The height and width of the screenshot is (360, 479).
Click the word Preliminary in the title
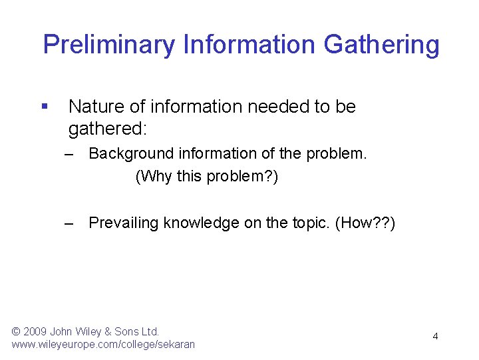pos(109,45)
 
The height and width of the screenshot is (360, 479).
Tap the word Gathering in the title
pos(381,45)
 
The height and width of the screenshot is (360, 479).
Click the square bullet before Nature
pos(45,106)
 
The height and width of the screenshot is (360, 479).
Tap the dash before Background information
pos(70,154)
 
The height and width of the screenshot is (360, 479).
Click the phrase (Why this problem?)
pos(206,177)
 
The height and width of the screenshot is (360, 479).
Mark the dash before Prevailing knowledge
pos(70,223)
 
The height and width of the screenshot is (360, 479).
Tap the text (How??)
pos(366,223)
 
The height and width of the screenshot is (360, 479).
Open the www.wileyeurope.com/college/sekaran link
pos(103,345)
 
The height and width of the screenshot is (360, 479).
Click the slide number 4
pos(435,337)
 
